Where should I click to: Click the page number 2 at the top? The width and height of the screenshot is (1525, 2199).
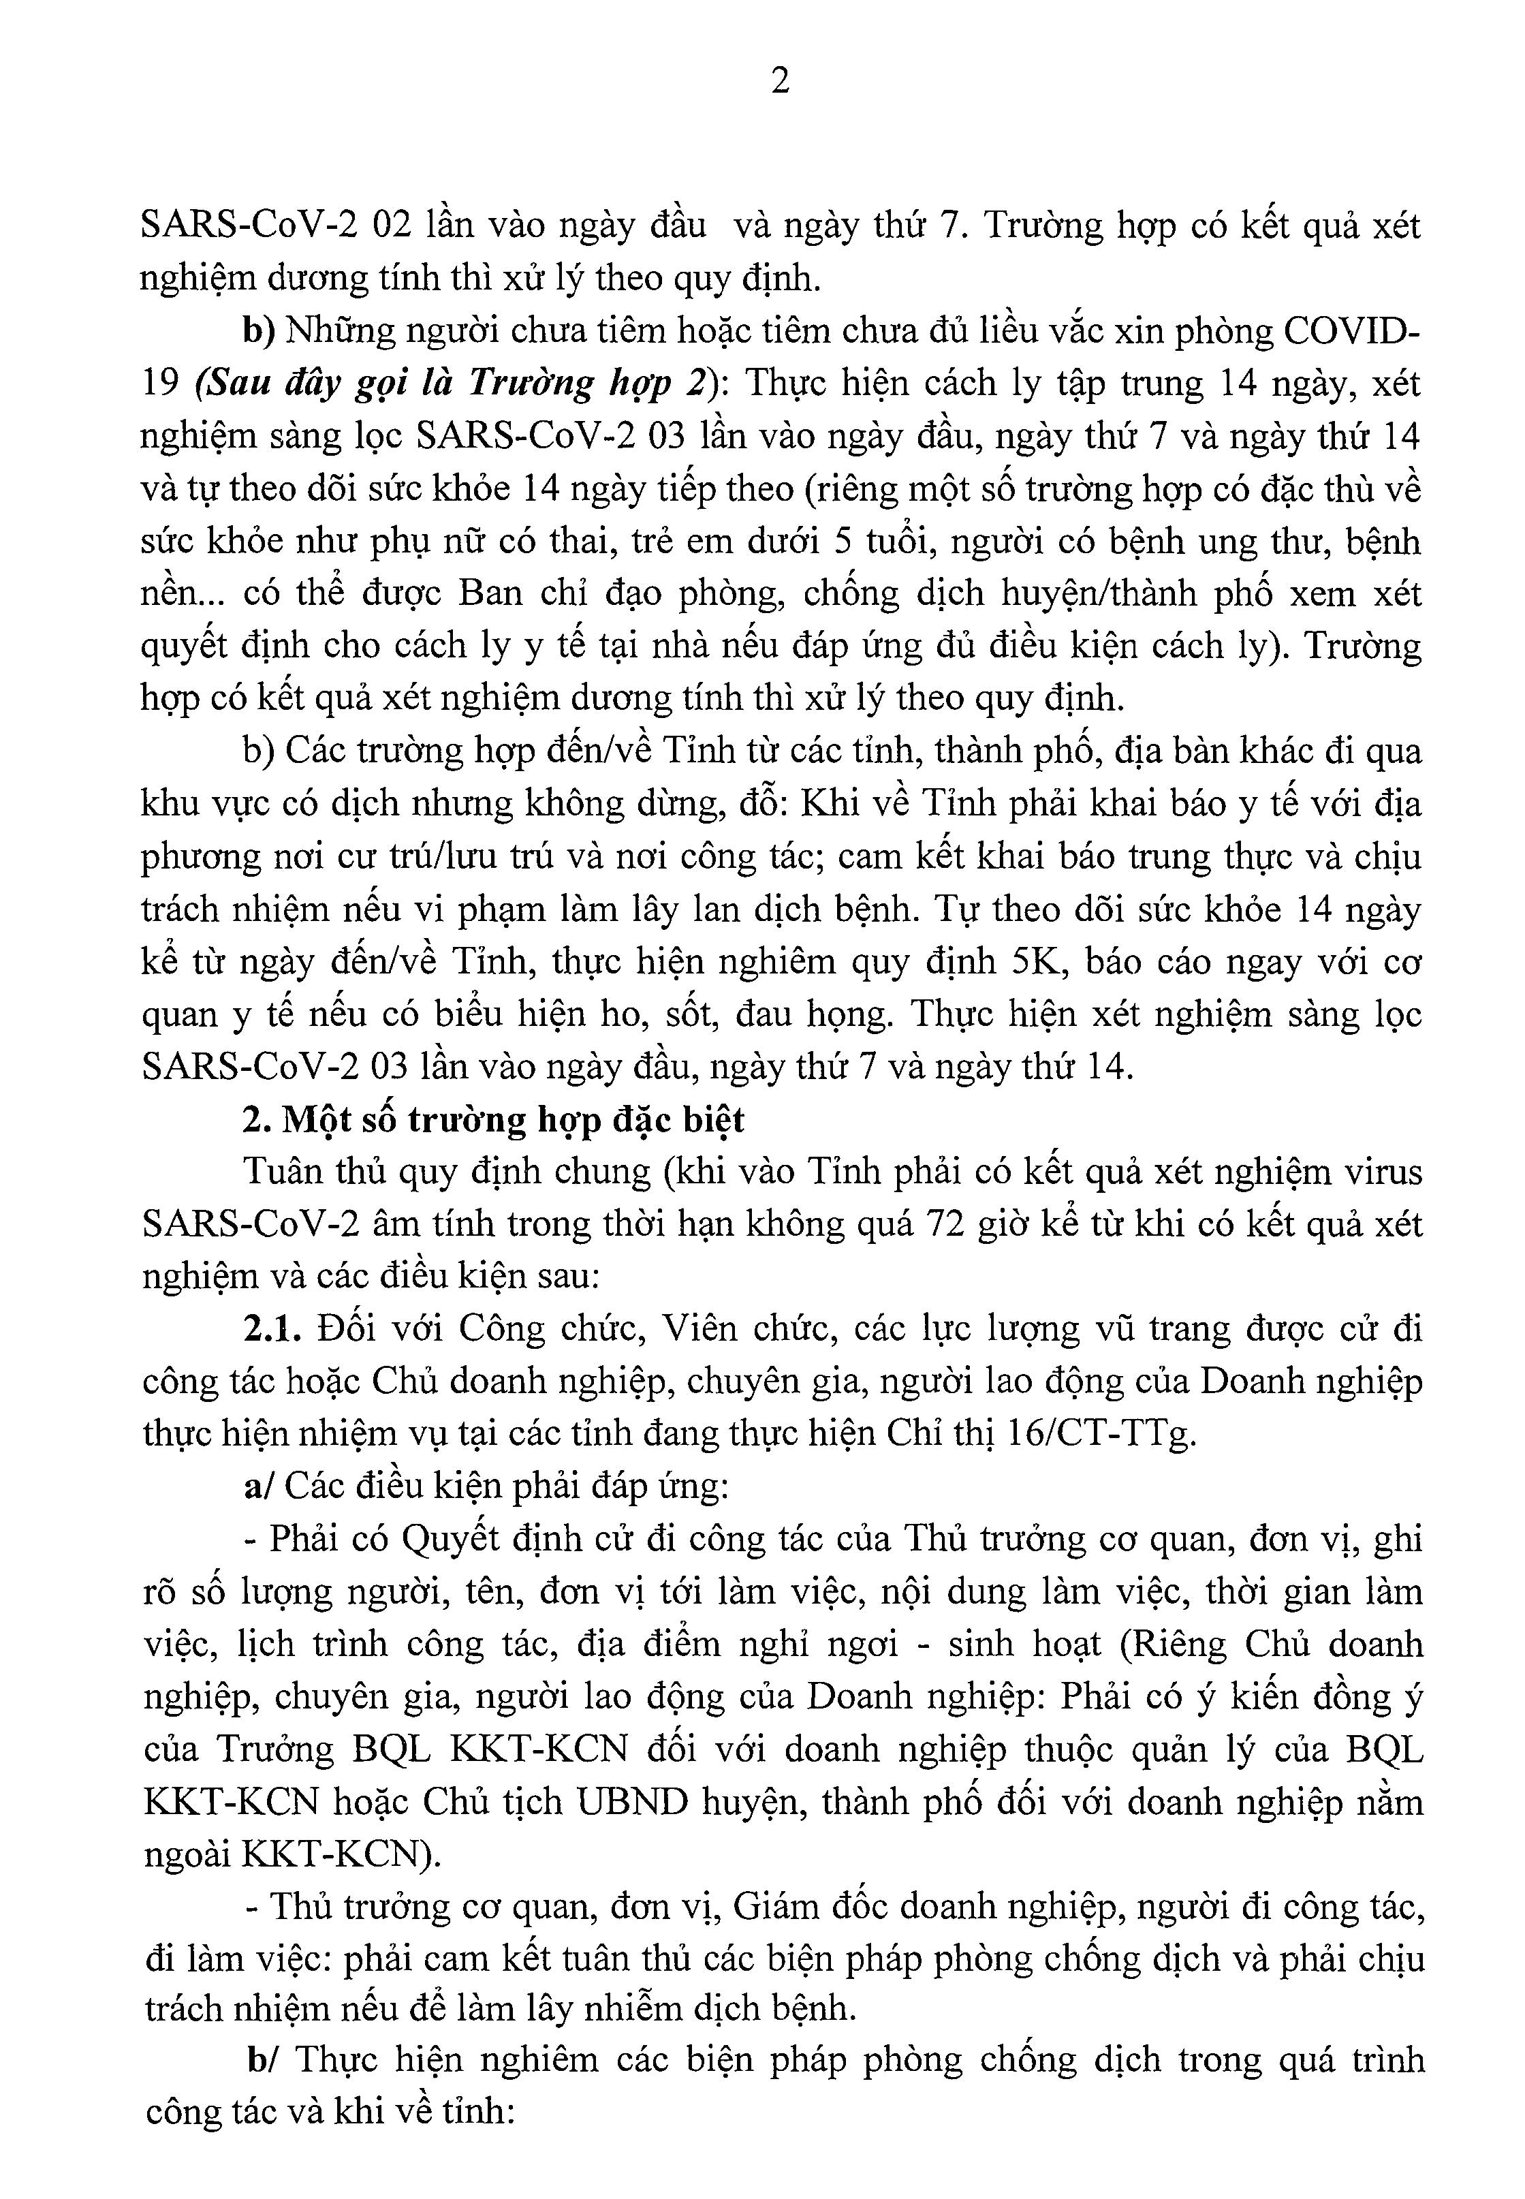(x=780, y=82)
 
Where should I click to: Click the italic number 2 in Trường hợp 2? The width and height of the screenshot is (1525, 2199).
(x=695, y=384)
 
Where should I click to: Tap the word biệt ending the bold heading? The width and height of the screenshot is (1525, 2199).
(x=708, y=1119)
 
